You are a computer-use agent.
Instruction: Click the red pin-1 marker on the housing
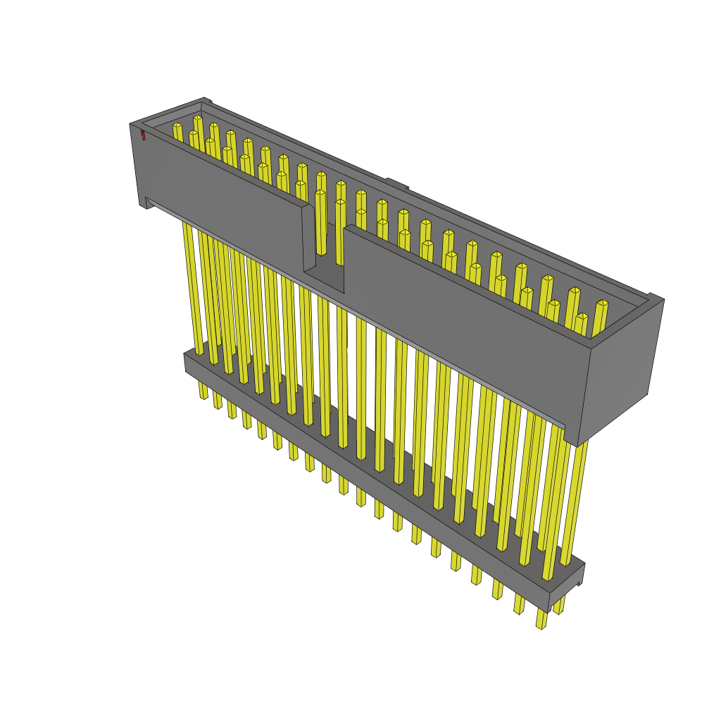pos(143,134)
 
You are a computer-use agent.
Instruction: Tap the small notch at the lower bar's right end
pos(579,583)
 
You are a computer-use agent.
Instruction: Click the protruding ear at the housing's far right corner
pos(655,299)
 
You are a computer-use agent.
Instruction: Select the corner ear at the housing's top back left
pos(205,101)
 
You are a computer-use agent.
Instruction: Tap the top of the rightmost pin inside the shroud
pos(601,304)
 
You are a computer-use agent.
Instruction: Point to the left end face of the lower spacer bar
pos(188,362)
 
